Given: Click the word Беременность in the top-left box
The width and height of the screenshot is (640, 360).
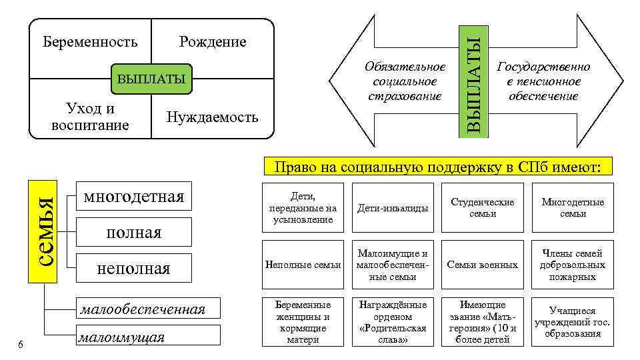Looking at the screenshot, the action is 90,43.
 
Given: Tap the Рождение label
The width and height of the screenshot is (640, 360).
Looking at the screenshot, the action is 213,43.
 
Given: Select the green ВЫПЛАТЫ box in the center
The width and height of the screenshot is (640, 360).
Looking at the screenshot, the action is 151,80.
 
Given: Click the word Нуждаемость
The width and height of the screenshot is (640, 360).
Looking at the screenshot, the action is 212,118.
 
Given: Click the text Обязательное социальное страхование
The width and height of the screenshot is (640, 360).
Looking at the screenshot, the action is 405,81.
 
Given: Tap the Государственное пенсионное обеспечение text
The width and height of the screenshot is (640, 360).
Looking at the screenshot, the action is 544,81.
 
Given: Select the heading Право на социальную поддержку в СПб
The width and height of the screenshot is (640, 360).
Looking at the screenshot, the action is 439,166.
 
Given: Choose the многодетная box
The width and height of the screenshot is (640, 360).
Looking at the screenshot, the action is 133,197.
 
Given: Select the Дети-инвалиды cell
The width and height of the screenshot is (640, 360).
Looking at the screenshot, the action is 393,208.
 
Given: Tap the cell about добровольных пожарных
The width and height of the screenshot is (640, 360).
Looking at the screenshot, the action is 572,265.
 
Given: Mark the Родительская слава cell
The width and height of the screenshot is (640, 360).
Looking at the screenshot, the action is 393,321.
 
